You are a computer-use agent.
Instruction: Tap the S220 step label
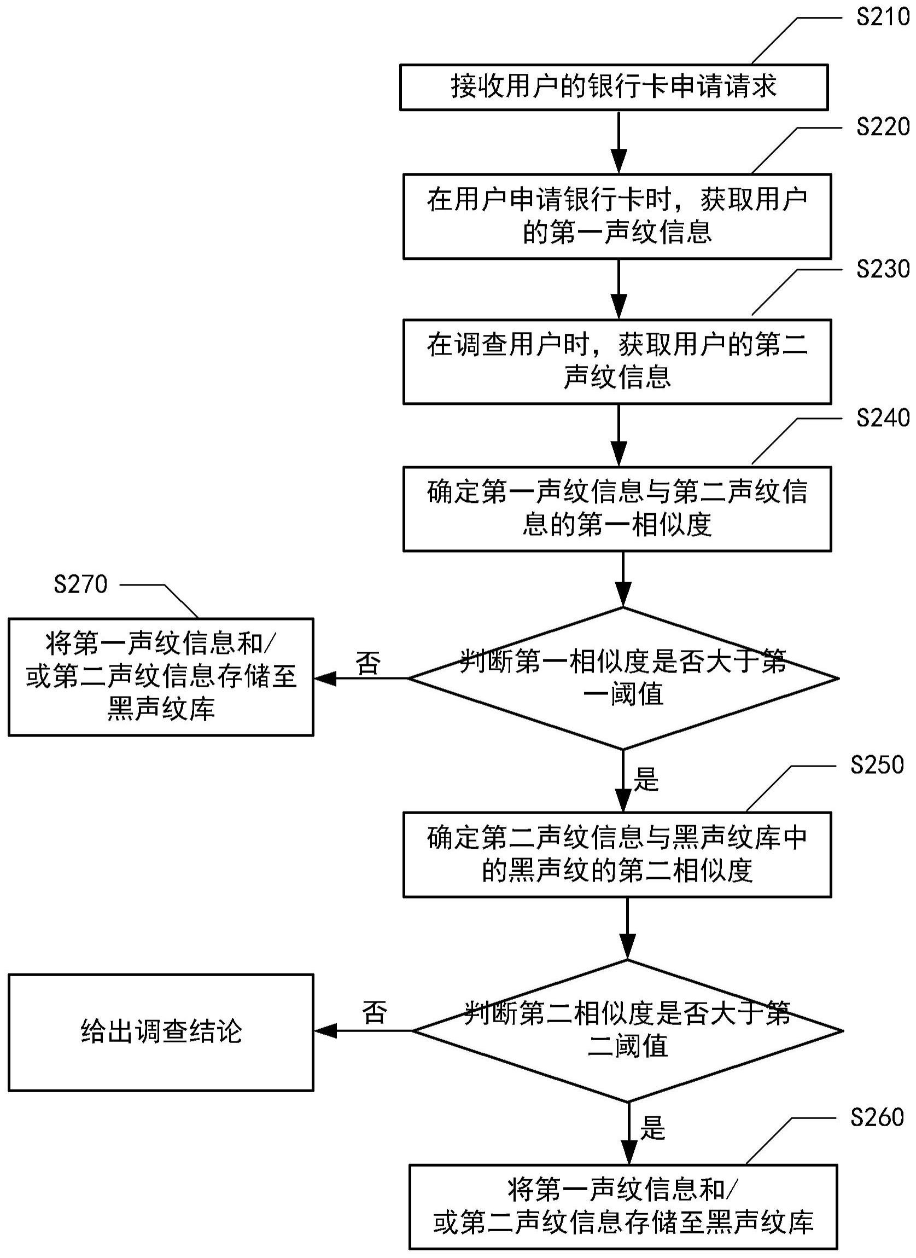pyautogui.click(x=882, y=127)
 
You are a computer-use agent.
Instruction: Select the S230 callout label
pyautogui.click(x=882, y=270)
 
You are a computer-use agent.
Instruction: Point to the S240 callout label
pyautogui.click(x=882, y=417)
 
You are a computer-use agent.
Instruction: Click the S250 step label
pyautogui.click(x=877, y=765)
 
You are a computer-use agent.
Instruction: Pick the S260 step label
pyautogui.click(x=877, y=1117)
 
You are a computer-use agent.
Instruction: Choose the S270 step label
pyautogui.click(x=80, y=584)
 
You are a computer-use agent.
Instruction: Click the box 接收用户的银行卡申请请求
pyautogui.click(x=614, y=87)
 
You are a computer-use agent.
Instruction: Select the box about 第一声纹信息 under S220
pyautogui.click(x=616, y=216)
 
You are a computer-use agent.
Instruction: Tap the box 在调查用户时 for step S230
pyautogui.click(x=616, y=361)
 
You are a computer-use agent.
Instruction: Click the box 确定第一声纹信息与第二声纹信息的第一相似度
pyautogui.click(x=616, y=509)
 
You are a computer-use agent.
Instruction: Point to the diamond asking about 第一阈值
pyautogui.click(x=623, y=678)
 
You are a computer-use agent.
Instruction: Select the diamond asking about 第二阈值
pyautogui.click(x=627, y=1030)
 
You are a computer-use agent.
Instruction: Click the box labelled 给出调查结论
pyautogui.click(x=161, y=1031)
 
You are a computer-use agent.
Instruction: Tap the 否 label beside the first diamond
pyautogui.click(x=368, y=663)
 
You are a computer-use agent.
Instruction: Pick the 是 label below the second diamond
pyautogui.click(x=652, y=1128)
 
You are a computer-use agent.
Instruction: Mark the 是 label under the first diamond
pyautogui.click(x=646, y=779)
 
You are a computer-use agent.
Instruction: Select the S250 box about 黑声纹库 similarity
pyautogui.click(x=616, y=855)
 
